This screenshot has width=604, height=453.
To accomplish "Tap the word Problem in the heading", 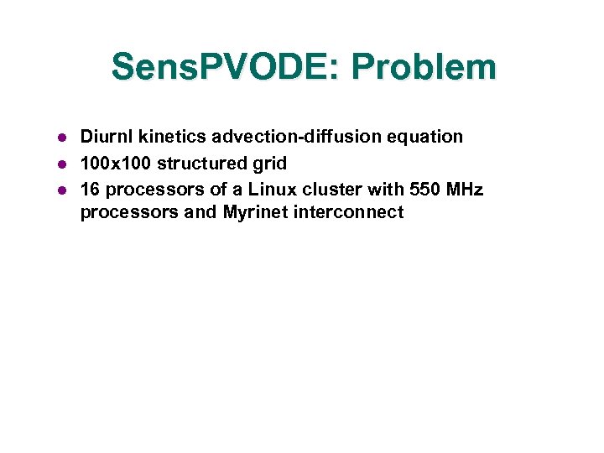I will tap(439, 67).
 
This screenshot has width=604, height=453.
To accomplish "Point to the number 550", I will tap(424, 189).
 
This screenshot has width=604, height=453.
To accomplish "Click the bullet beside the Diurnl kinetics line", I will tap(61, 138).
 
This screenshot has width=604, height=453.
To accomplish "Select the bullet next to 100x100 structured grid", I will tap(61, 164).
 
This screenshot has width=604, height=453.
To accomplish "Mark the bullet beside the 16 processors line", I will tap(61, 190).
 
